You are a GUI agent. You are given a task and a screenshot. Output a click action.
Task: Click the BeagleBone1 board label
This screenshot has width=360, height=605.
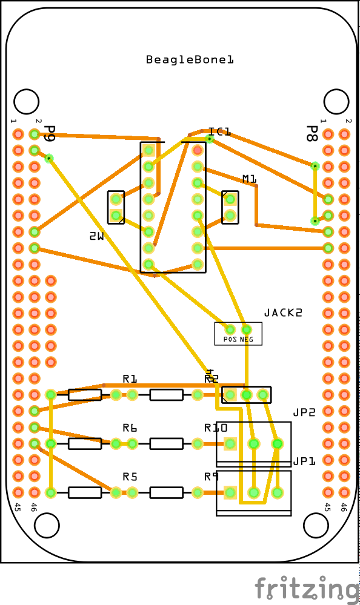(x=190, y=60)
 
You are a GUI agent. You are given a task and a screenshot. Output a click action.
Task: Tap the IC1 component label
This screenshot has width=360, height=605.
(x=219, y=132)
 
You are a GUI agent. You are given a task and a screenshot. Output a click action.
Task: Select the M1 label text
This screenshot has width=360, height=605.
(x=250, y=179)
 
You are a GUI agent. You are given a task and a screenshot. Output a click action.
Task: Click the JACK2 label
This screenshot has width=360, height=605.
(x=282, y=313)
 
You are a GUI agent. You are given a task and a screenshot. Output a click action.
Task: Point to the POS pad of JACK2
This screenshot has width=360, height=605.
(x=230, y=329)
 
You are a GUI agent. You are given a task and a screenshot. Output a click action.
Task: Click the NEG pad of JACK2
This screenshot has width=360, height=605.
(x=247, y=329)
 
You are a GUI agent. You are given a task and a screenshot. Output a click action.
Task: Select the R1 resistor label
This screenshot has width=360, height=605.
(x=130, y=379)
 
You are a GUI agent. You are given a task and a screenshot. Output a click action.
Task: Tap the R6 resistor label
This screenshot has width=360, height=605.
(x=130, y=428)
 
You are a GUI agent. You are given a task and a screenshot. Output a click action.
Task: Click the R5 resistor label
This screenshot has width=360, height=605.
(x=130, y=477)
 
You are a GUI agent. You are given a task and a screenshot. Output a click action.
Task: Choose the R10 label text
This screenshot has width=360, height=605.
(x=216, y=428)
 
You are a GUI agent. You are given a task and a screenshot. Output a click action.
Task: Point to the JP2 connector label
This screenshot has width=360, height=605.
(x=304, y=412)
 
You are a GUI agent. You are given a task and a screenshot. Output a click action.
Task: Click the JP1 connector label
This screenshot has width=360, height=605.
(x=304, y=461)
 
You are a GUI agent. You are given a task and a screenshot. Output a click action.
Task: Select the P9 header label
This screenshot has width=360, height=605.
(x=50, y=134)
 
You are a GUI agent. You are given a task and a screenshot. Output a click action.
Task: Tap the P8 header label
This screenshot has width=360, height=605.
(x=312, y=134)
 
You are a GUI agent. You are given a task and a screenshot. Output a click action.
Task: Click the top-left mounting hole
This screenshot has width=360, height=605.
(x=26, y=101)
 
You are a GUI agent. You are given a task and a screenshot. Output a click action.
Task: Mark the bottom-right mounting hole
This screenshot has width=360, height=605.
(x=316, y=525)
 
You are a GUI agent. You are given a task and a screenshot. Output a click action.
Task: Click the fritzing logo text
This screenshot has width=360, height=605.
(x=306, y=589)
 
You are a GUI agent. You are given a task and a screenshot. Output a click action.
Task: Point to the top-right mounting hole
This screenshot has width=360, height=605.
(x=336, y=101)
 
